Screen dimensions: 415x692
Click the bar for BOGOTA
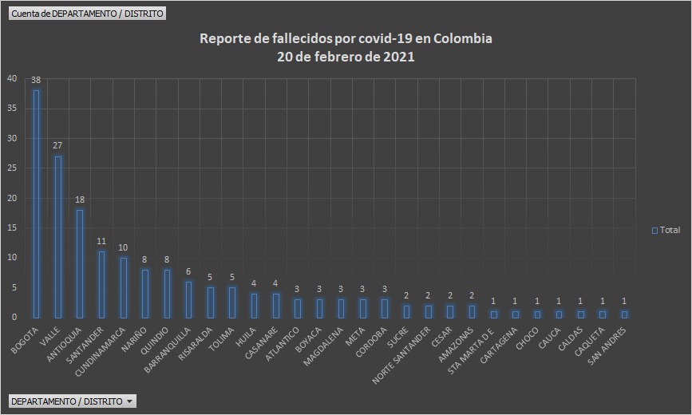36,204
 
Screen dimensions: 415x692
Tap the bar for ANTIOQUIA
79,263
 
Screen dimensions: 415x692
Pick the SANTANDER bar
101,284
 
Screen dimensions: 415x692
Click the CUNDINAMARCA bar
123,287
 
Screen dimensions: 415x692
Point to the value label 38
36,81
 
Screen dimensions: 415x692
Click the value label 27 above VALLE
57,146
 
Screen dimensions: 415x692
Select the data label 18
79,200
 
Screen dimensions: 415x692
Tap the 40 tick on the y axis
11,78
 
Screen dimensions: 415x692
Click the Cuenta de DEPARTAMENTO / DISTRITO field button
87,14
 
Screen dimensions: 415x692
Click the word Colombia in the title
463,39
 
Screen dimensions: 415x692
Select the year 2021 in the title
399,57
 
